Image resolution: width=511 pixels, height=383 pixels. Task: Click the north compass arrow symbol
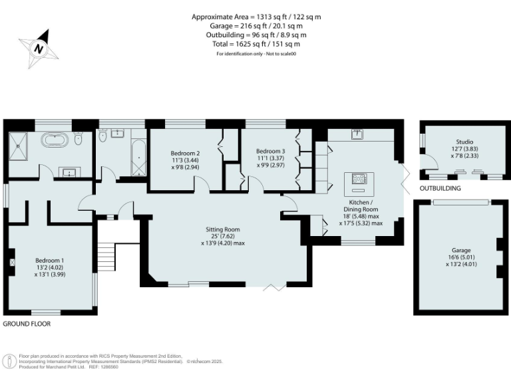[39, 47]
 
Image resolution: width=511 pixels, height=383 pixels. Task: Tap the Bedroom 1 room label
[49, 261]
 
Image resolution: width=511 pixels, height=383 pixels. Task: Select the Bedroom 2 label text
[185, 153]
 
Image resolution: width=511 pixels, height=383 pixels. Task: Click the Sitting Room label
[222, 229]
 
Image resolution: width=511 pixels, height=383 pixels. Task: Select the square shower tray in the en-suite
[21, 145]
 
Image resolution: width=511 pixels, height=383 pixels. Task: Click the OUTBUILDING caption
[440, 189]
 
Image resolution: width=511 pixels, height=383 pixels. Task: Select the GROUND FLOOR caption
[27, 324]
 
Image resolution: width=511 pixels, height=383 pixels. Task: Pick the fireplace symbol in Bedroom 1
[11, 262]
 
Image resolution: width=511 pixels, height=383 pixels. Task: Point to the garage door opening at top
[460, 201]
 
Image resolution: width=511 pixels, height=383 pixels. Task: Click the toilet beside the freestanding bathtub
[79, 140]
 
